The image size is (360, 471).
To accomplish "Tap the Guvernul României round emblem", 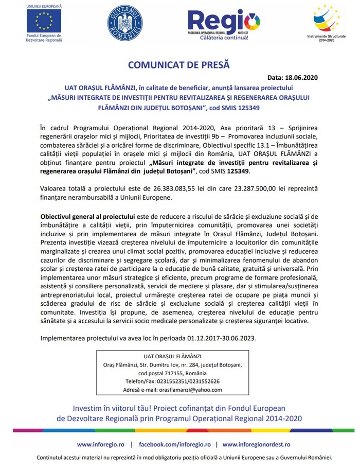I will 124,23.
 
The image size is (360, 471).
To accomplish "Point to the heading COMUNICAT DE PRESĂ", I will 178,65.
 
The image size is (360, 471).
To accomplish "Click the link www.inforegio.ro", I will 100,444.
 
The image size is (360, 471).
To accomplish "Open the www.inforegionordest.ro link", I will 256,444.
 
